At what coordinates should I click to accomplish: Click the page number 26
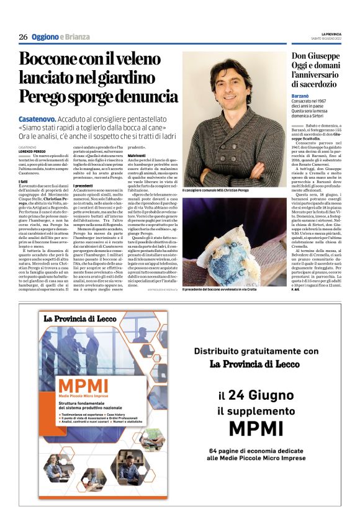pyautogui.click(x=23, y=37)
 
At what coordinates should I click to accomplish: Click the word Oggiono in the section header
pyautogui.click(x=45, y=37)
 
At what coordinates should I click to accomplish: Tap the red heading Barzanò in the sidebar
pyautogui.click(x=302, y=97)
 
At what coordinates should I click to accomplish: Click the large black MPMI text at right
pyautogui.click(x=254, y=428)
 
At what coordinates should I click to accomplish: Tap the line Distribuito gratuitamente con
pyautogui.click(x=255, y=351)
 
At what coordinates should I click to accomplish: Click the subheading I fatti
pyautogui.click(x=24, y=181)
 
